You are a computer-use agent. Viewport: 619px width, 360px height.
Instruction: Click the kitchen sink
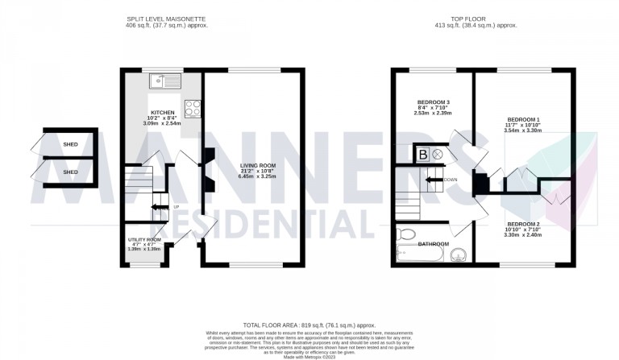pyautogui.click(x=164, y=80)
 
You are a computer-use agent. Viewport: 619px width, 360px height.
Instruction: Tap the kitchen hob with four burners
pyautogui.click(x=193, y=107)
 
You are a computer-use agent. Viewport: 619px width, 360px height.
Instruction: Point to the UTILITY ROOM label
pyautogui.click(x=144, y=240)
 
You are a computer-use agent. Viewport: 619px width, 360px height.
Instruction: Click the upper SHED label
pyautogui.click(x=71, y=145)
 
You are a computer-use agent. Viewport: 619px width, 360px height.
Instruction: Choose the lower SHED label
pyautogui.click(x=71, y=172)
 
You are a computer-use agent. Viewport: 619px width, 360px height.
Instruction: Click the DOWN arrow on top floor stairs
pyautogui.click(x=437, y=179)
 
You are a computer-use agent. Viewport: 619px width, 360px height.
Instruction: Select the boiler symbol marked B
pyautogui.click(x=422, y=154)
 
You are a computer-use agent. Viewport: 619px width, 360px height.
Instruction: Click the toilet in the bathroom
pyautogui.click(x=404, y=235)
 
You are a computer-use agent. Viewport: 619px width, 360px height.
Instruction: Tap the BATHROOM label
pyautogui.click(x=434, y=242)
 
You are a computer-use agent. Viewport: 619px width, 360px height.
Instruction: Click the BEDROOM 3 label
pyautogui.click(x=434, y=102)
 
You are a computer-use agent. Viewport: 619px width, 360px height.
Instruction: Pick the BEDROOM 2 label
pyautogui.click(x=523, y=224)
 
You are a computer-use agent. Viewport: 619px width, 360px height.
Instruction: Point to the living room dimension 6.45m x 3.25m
pyautogui.click(x=260, y=182)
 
